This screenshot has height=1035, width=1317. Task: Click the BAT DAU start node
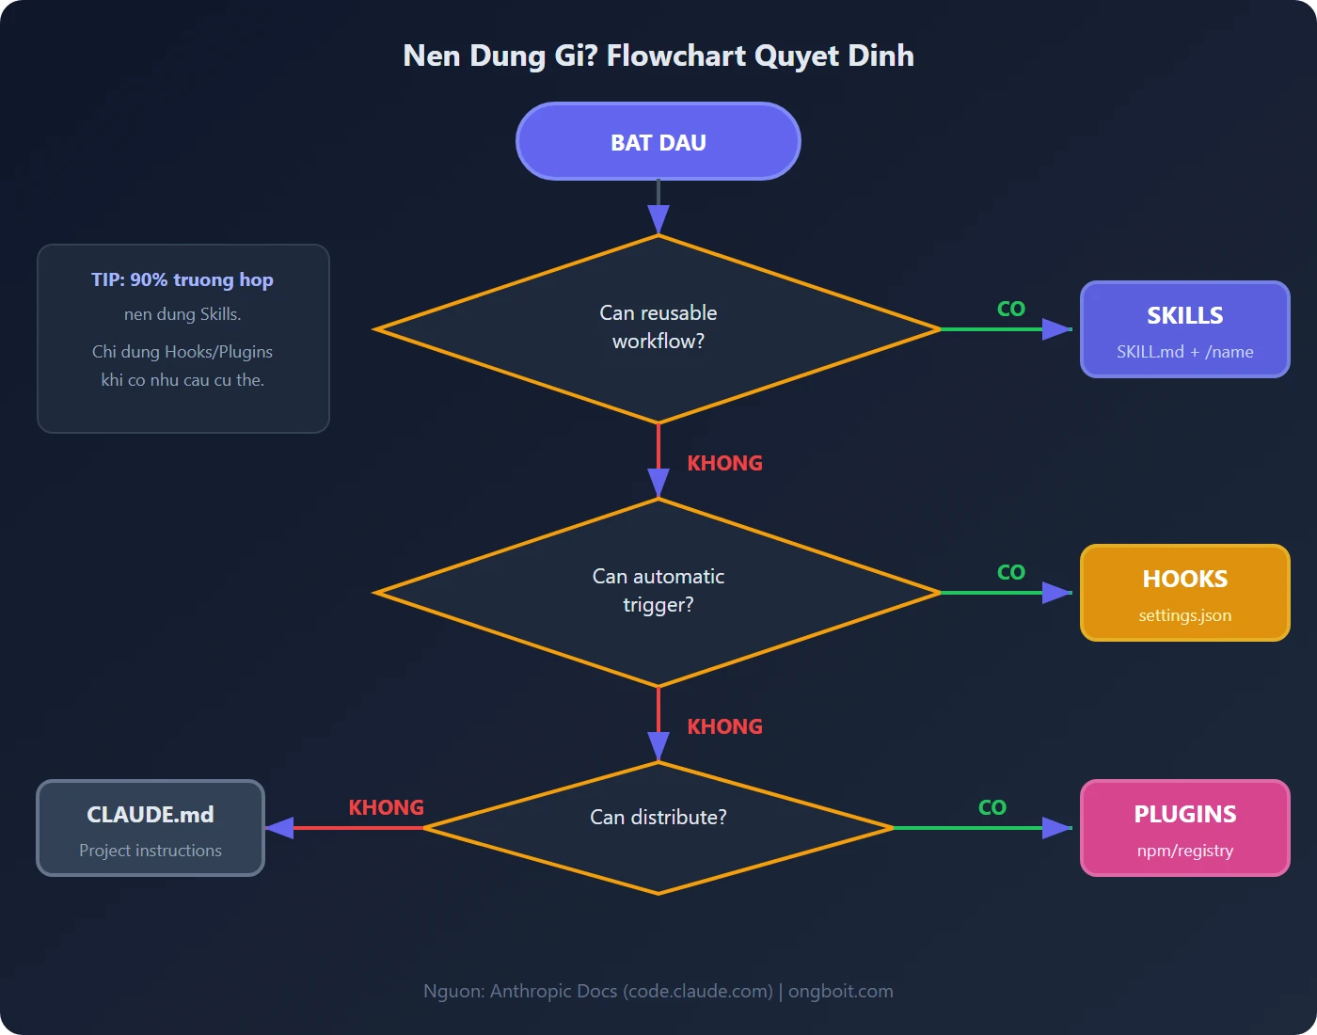(658, 141)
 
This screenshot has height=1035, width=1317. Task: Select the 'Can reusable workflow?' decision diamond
(658, 328)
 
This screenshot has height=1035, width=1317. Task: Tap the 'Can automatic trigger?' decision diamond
(658, 592)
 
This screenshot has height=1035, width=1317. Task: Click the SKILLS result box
(1184, 329)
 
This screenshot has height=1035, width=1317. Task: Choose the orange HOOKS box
(1184, 593)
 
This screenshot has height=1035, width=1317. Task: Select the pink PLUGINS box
(1184, 828)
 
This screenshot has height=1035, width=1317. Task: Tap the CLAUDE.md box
(151, 828)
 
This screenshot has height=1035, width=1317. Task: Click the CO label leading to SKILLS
(1011, 309)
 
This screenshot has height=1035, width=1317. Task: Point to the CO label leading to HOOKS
(1011, 572)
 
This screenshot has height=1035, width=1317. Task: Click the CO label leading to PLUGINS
(992, 807)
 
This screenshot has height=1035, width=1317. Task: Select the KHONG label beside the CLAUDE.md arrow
(386, 807)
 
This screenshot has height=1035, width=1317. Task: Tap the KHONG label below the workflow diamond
(724, 463)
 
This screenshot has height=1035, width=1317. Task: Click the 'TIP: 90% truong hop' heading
(182, 279)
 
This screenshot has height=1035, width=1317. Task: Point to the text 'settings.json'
(1184, 615)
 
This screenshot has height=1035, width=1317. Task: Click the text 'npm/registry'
(1184, 851)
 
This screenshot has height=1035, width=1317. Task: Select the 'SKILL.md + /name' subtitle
(1184, 352)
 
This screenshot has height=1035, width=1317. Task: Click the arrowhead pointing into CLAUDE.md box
(279, 828)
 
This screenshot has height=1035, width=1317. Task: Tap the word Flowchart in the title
(675, 56)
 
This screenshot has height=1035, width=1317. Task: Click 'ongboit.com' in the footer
(840, 991)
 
